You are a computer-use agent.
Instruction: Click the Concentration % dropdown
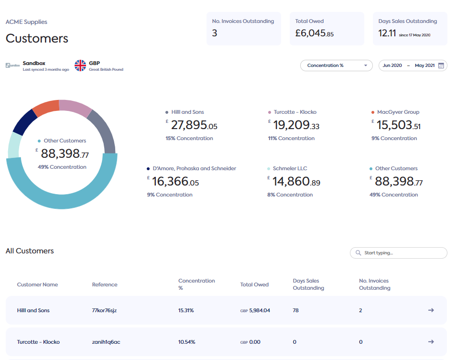click(x=336, y=65)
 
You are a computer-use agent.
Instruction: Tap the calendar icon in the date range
click(x=441, y=65)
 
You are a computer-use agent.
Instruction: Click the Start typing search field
click(x=399, y=253)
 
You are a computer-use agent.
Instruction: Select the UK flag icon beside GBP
click(x=80, y=65)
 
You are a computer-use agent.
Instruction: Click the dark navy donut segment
click(x=22, y=122)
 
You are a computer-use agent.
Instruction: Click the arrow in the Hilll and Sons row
click(x=431, y=310)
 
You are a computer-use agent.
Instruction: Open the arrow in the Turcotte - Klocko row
click(x=431, y=342)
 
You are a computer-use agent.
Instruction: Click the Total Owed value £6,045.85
click(x=314, y=33)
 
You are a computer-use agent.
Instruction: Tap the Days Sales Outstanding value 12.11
click(x=387, y=33)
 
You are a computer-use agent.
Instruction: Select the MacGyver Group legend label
click(x=398, y=112)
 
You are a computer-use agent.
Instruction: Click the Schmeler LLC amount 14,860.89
click(x=296, y=182)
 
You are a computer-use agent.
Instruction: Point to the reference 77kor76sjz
click(x=104, y=310)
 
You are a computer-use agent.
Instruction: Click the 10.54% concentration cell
click(x=186, y=342)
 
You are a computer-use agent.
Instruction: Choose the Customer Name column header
click(x=37, y=284)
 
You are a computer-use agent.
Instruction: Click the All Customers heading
click(x=30, y=251)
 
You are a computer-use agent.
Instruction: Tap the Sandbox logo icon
click(x=13, y=65)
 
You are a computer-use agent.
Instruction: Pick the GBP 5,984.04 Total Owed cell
click(x=255, y=310)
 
